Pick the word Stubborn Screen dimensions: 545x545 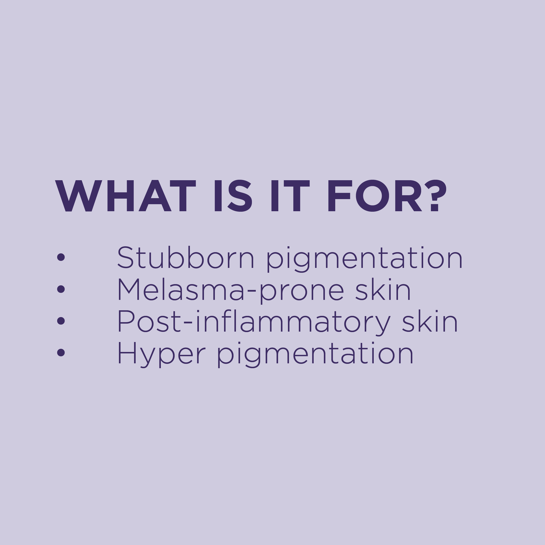point(185,258)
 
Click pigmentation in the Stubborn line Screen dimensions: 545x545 point(364,260)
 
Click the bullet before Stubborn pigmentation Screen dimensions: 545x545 point(61,258)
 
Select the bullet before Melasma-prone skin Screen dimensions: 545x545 point(61,290)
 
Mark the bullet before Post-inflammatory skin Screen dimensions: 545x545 point(61,321)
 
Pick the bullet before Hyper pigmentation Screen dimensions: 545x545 point(61,353)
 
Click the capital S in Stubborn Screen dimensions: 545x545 point(126,258)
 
